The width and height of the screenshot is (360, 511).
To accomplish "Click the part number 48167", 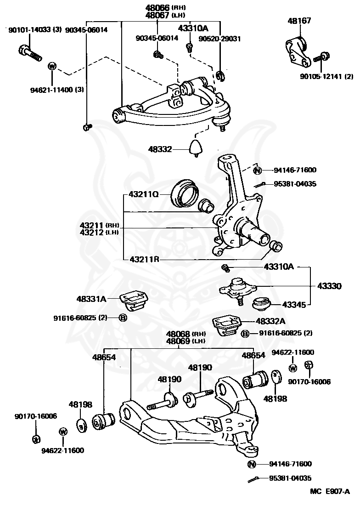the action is pyautogui.click(x=299, y=21).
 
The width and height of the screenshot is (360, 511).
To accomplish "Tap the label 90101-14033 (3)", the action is pyautogui.click(x=35, y=30).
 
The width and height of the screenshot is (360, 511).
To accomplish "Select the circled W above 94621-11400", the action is pyautogui.click(x=52, y=67).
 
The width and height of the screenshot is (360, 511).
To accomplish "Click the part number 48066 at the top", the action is pyautogui.click(x=157, y=7).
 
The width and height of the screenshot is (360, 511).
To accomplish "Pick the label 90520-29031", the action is pyautogui.click(x=220, y=39).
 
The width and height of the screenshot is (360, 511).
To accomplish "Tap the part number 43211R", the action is pyautogui.click(x=144, y=260).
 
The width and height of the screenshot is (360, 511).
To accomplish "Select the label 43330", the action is pyautogui.click(x=329, y=286).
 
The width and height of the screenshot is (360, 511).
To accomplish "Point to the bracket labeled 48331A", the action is pyautogui.click(x=134, y=299).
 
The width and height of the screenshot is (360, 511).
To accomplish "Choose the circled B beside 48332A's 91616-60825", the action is pyautogui.click(x=245, y=333).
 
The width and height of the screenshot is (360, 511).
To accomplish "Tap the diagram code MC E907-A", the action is pyautogui.click(x=330, y=491).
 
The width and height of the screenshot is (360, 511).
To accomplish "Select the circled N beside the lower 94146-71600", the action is pyautogui.click(x=252, y=464).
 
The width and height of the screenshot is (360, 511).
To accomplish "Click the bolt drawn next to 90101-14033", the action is pyautogui.click(x=30, y=53).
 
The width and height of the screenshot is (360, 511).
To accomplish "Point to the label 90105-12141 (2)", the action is pyautogui.click(x=326, y=77).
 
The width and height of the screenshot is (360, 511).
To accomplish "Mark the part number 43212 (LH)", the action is pyautogui.click(x=99, y=233).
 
